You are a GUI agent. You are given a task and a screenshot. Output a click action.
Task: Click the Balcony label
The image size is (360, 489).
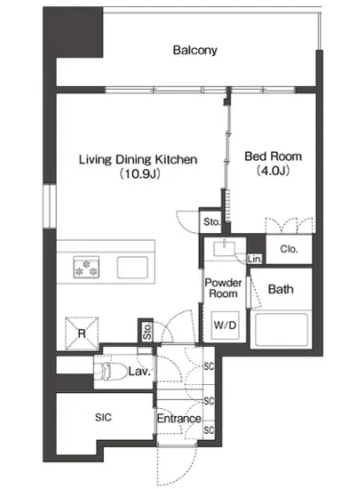click(195, 50)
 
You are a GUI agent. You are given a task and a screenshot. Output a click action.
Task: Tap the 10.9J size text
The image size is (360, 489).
click(140, 173)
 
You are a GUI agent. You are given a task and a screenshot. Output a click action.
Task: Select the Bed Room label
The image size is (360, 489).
click(273, 156)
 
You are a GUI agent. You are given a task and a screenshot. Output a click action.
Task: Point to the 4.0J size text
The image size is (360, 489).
click(273, 171)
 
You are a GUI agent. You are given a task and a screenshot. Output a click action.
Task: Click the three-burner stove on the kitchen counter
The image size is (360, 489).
click(86, 268)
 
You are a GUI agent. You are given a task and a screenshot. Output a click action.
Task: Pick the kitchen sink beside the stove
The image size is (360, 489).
click(132, 268)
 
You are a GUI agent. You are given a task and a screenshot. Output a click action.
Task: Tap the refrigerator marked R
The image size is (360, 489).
click(82, 333)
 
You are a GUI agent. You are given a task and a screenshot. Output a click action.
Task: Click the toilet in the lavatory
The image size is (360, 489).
click(110, 371)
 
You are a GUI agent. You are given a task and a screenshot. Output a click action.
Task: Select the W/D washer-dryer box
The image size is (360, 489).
click(225, 325)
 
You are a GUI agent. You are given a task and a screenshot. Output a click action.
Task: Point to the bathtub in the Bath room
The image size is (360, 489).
click(281, 330)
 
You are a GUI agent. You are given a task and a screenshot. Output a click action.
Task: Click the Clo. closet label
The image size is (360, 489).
click(289, 249)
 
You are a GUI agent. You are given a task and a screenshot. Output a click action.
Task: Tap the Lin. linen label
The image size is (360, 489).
click(255, 259)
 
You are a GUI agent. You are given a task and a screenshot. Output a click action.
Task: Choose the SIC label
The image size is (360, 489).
click(103, 417)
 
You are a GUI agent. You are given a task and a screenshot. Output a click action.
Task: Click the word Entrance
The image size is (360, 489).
click(179, 419)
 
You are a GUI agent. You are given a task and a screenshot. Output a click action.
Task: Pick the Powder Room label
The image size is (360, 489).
click(223, 288)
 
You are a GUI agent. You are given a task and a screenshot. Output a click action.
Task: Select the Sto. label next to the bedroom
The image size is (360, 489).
click(212, 222)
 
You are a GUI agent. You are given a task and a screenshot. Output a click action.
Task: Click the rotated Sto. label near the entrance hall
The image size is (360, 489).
click(147, 332)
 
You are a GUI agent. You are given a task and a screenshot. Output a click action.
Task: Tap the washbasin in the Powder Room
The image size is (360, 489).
click(224, 249)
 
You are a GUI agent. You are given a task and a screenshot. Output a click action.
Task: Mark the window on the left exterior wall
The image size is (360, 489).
click(49, 206)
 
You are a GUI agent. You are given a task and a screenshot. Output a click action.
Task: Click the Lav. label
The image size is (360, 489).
click(140, 372)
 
